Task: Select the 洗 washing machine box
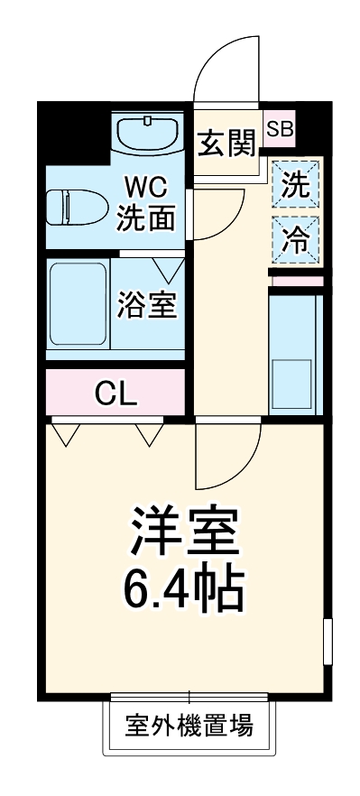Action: click(295, 184)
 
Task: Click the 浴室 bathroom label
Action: click(146, 306)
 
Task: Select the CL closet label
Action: click(116, 393)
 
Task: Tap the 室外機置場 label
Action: click(189, 724)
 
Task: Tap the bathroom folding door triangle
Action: click(168, 268)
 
